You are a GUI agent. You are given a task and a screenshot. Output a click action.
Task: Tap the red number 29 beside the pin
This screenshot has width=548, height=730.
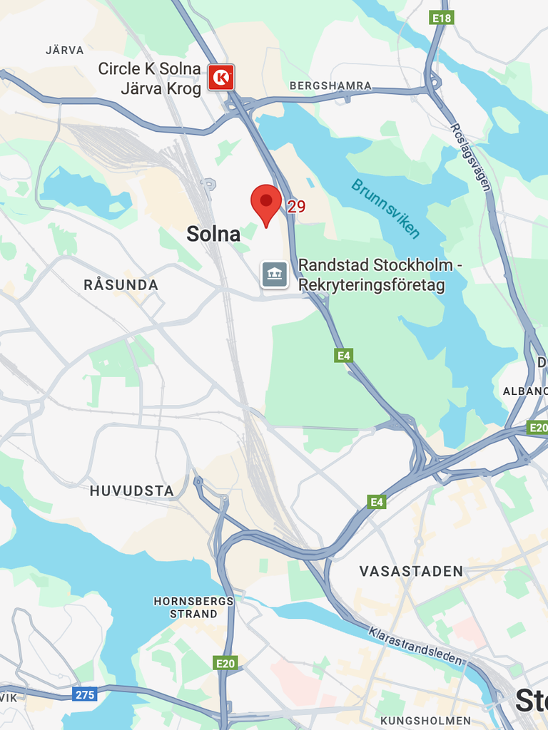[x=296, y=207]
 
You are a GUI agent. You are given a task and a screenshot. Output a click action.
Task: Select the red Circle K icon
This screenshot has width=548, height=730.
[x=221, y=77]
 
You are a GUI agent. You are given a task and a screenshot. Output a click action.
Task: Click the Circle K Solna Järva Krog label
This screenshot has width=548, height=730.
[x=150, y=78]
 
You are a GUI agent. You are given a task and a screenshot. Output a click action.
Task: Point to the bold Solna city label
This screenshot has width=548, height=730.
[x=213, y=233]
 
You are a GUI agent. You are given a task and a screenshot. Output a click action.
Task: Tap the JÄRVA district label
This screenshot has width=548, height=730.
[x=65, y=51]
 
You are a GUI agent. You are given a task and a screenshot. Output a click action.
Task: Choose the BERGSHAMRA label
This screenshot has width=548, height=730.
[x=330, y=86]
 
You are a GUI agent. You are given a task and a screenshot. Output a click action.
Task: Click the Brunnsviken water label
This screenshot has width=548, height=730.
[x=385, y=208]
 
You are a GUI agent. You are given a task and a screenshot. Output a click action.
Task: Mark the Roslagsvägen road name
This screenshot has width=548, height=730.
[x=470, y=158]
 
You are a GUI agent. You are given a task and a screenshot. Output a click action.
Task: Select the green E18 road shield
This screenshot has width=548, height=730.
[x=442, y=18]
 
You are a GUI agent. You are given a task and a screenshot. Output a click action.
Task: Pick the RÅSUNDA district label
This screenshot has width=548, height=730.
[x=121, y=285]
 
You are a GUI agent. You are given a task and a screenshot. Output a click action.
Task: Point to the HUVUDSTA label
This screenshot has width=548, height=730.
[x=132, y=490]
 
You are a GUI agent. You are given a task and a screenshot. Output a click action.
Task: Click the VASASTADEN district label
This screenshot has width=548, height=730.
[x=411, y=571]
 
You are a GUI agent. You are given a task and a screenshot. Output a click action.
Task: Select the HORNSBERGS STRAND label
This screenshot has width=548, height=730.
[x=193, y=607]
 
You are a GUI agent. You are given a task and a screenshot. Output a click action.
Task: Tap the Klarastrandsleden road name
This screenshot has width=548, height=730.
[x=416, y=645]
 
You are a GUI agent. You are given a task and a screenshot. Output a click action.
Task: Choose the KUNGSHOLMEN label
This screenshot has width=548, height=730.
[x=425, y=720]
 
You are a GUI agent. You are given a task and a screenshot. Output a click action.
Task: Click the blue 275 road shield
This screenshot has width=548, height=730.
[x=84, y=694]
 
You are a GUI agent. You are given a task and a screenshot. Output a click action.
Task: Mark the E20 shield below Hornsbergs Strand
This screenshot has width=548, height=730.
[x=225, y=664]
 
